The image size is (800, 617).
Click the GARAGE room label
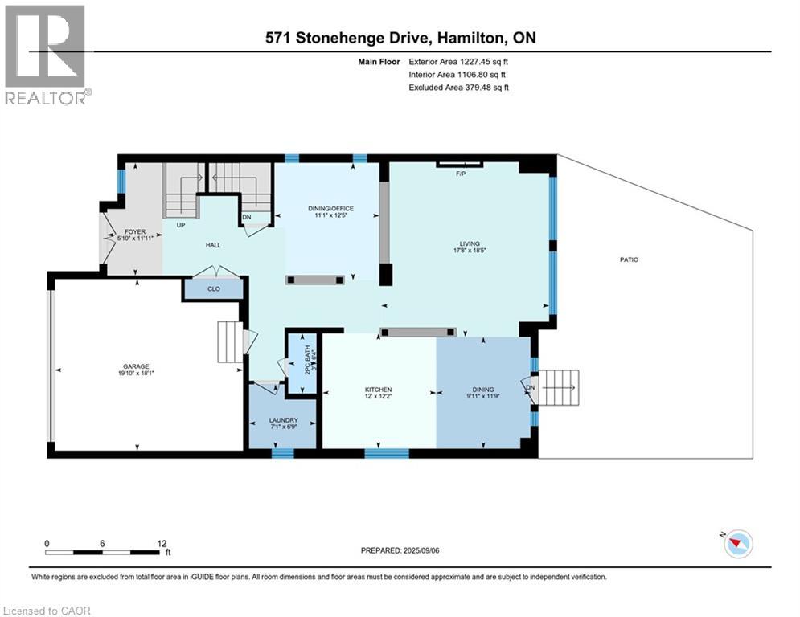[136, 366]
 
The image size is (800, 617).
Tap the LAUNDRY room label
[283, 420]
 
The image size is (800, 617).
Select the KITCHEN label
[378, 390]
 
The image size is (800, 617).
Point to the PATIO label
[629, 259]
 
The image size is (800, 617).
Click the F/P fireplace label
[461, 174]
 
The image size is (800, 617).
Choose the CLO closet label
[214, 288]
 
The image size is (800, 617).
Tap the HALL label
[213, 245]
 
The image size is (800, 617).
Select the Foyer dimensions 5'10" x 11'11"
[136, 238]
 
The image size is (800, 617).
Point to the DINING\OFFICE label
[330, 209]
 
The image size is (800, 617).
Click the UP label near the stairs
[181, 225]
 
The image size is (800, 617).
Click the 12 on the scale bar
[162, 544]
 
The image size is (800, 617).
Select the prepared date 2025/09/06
[421, 550]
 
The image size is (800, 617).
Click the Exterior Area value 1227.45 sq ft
[484, 62]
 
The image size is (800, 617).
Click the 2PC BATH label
[307, 360]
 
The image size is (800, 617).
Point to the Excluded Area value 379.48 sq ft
[486, 88]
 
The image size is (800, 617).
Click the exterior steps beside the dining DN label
[559, 388]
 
